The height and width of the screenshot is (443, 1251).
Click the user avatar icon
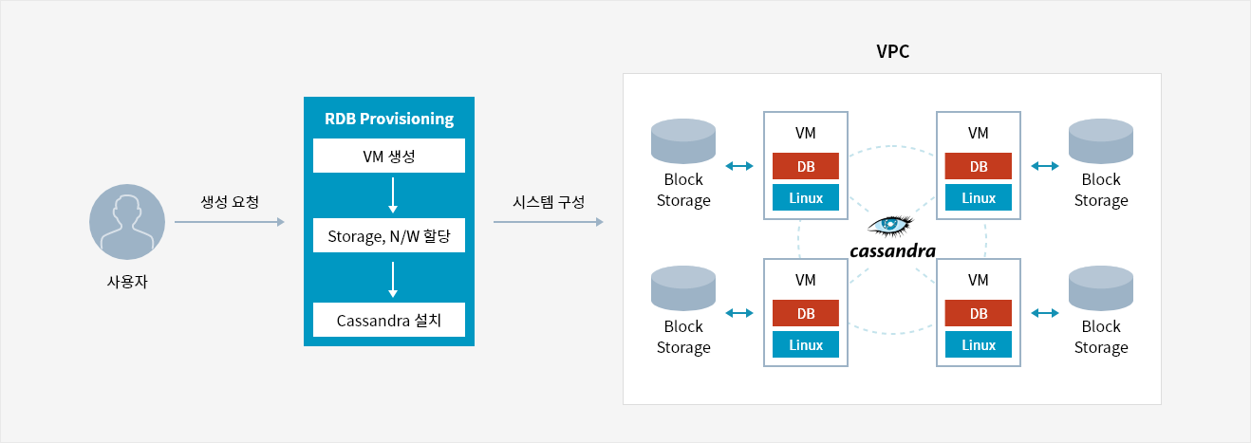point(127,222)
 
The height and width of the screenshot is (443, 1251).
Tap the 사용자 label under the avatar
point(127,281)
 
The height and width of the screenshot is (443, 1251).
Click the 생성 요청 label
point(230,201)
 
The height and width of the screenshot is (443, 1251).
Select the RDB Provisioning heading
point(389,119)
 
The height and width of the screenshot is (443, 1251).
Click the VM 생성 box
point(389,156)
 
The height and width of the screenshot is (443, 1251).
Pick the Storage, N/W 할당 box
point(389,235)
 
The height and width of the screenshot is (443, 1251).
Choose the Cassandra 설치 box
point(389,320)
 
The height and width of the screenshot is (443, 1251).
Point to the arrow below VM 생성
point(393,195)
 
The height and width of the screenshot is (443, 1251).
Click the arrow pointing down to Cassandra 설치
point(393,280)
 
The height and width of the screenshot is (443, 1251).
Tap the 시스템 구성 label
point(549,201)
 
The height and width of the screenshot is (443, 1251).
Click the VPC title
point(892,51)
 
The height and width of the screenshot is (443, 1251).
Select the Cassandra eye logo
point(890,226)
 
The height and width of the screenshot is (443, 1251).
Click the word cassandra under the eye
point(892,251)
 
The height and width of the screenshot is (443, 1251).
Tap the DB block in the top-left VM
point(805,166)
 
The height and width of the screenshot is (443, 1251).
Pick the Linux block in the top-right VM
point(978,197)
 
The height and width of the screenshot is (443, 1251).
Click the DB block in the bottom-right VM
point(978,313)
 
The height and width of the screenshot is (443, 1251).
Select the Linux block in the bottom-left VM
point(805,344)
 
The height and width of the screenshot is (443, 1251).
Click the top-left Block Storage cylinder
point(683,141)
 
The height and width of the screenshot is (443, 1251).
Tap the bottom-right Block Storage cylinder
point(1101,287)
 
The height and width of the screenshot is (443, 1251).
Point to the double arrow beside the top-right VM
point(1045,166)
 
